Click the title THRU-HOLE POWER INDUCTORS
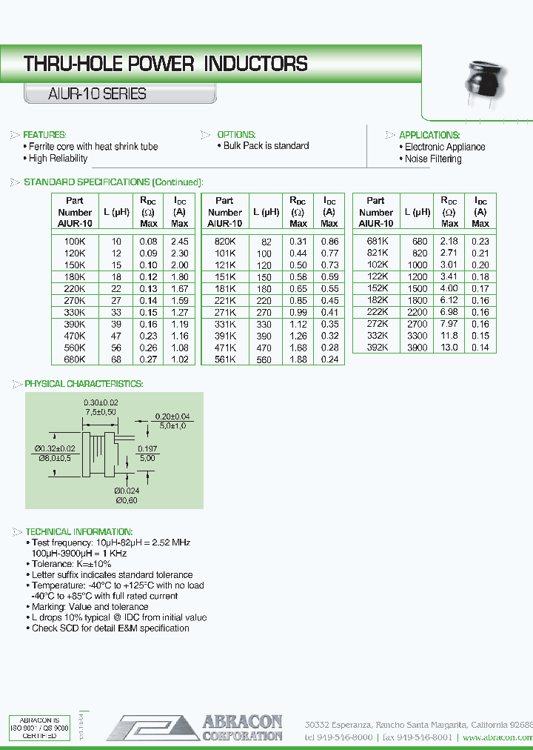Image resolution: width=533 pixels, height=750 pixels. [165, 64]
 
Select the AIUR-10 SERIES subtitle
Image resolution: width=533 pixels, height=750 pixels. [87, 94]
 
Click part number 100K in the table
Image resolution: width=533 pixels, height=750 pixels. [75, 242]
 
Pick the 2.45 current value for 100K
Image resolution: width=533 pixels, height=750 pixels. [180, 242]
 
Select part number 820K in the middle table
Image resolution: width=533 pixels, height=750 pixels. [224, 242]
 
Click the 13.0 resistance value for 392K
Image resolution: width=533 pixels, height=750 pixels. [449, 348]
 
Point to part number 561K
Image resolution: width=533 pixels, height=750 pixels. [224, 359]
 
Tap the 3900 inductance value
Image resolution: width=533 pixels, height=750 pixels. [417, 348]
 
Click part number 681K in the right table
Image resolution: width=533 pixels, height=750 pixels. [376, 241]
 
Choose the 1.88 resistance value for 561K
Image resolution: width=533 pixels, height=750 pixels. [298, 359]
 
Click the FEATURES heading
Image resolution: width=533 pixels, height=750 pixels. [44, 135]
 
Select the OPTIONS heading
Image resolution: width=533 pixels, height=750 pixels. [236, 135]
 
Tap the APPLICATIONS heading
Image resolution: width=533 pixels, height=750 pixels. [429, 135]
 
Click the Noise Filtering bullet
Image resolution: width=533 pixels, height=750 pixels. [433, 159]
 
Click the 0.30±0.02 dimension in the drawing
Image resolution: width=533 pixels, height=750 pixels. [101, 401]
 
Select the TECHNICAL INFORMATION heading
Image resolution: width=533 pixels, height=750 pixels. [78, 532]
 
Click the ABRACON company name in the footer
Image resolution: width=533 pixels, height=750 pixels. [242, 721]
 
